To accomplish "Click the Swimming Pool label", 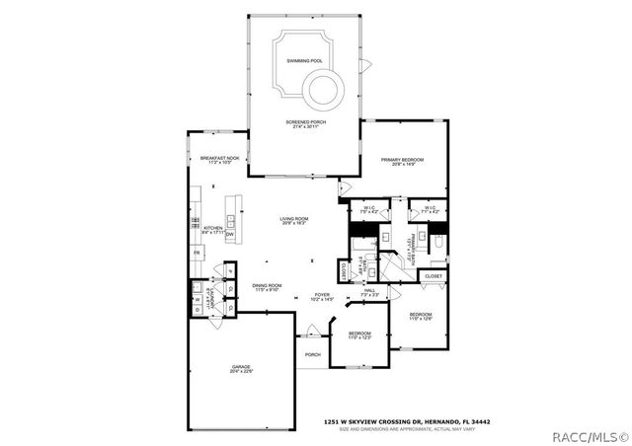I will pos(304,61).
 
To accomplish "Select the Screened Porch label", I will pos(304,123).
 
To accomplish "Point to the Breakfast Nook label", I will pos(216,159).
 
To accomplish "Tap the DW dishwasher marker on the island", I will pos(229,235).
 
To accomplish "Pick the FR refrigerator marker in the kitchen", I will pos(197,254).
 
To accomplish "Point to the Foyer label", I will pos(322,295).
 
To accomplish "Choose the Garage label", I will pos(242,369).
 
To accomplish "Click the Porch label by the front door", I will pos(312,355).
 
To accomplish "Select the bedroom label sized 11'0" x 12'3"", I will pos(359,335).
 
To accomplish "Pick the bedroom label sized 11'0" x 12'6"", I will pos(422,316).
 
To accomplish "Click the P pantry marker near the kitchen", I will pos(229,268).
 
